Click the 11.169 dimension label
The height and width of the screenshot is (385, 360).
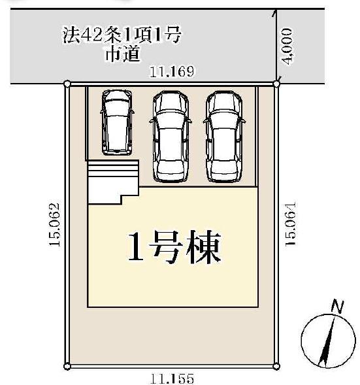click(172, 71)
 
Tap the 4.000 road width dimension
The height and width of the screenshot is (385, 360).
click(287, 46)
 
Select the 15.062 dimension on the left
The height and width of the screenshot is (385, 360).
click(54, 224)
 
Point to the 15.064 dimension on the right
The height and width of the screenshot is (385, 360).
click(290, 224)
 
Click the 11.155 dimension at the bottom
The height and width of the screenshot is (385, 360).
click(172, 378)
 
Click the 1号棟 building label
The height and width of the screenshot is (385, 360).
click(174, 246)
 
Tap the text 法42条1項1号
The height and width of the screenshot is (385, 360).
click(122, 35)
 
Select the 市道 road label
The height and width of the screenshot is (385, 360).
click(123, 54)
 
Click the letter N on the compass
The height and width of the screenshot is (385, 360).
click(337, 307)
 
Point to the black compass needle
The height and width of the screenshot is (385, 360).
click(327, 342)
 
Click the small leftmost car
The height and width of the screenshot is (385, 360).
click(117, 122)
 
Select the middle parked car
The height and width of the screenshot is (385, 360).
click(171, 137)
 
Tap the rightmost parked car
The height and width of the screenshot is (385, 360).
click(224, 137)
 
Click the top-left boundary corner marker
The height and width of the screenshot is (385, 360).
click(67, 84)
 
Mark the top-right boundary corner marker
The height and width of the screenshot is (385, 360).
click(276, 84)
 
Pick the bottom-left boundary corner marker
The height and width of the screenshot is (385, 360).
click(67, 367)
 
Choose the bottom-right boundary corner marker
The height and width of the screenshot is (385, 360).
click(276, 367)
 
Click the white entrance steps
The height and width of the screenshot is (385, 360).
click(112, 182)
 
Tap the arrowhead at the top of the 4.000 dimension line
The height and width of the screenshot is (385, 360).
click(275, 13)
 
